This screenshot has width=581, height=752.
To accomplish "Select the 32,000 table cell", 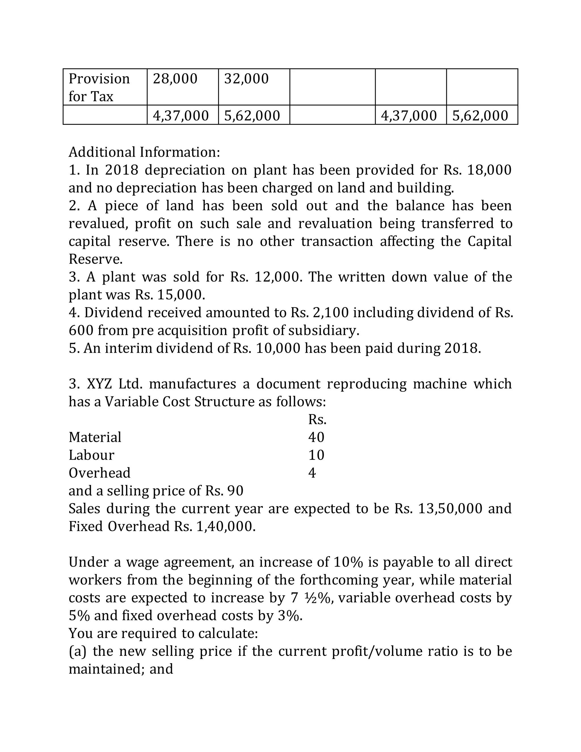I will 246,79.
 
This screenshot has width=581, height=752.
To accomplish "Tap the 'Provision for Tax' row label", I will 99,87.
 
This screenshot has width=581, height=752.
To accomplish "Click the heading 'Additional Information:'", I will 144,152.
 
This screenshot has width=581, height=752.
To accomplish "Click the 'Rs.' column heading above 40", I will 317,419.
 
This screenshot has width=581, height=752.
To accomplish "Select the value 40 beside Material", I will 316,437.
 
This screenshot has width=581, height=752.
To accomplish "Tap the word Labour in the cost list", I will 91,455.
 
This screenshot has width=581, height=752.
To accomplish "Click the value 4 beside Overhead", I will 312,473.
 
